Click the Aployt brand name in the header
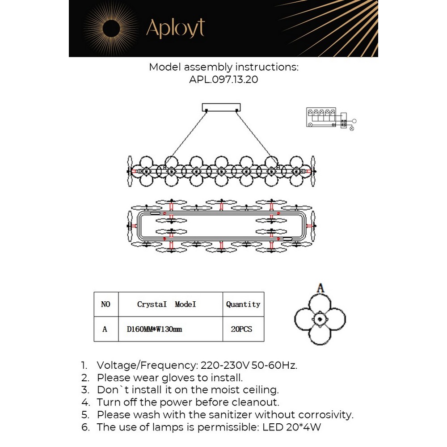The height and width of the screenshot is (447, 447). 175,28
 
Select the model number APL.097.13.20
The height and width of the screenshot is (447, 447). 223,80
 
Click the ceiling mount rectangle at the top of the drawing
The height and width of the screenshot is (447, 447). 221,107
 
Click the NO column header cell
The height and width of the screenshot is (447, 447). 105,304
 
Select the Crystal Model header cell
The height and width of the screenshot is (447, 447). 166,304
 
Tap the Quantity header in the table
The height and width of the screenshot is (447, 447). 243,304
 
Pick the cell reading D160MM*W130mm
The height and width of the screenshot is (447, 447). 154,329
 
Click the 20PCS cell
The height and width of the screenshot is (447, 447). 241,329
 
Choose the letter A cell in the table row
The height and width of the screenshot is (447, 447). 105,329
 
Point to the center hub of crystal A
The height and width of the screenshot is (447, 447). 320,319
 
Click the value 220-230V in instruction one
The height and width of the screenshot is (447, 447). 225,365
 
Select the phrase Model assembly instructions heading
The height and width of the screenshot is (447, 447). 223,67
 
